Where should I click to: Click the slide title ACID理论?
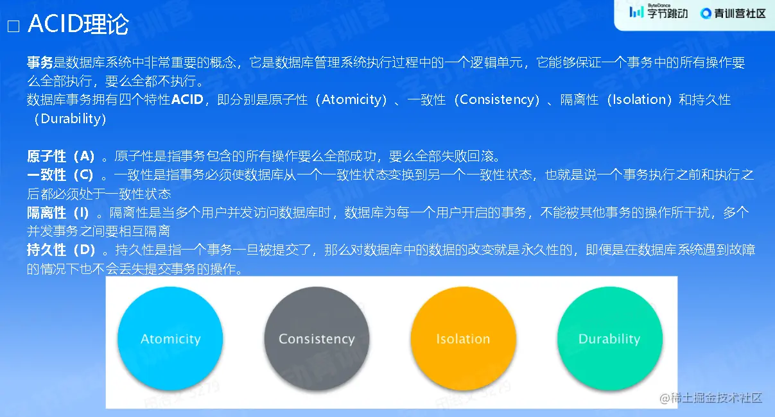click(x=78, y=24)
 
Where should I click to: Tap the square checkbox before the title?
click(x=13, y=26)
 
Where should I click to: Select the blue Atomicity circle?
click(x=170, y=339)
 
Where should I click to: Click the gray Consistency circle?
click(x=317, y=339)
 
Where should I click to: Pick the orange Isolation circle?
click(x=464, y=339)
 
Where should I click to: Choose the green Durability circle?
click(x=610, y=339)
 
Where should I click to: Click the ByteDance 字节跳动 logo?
click(x=658, y=12)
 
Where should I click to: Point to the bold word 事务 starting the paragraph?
click(x=40, y=63)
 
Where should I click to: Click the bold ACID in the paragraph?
click(x=187, y=99)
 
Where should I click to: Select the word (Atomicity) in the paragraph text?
click(x=351, y=100)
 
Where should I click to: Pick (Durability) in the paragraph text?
click(x=70, y=119)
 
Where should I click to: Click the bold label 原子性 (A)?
click(x=61, y=157)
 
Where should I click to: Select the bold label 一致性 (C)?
click(x=60, y=175)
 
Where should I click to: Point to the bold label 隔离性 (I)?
click(x=58, y=212)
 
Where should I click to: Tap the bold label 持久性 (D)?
click(x=61, y=250)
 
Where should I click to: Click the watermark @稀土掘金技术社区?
click(x=711, y=398)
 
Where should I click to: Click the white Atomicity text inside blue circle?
click(x=171, y=339)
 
